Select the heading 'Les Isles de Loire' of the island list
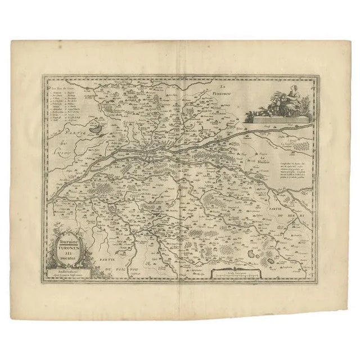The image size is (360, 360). point(61,87)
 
